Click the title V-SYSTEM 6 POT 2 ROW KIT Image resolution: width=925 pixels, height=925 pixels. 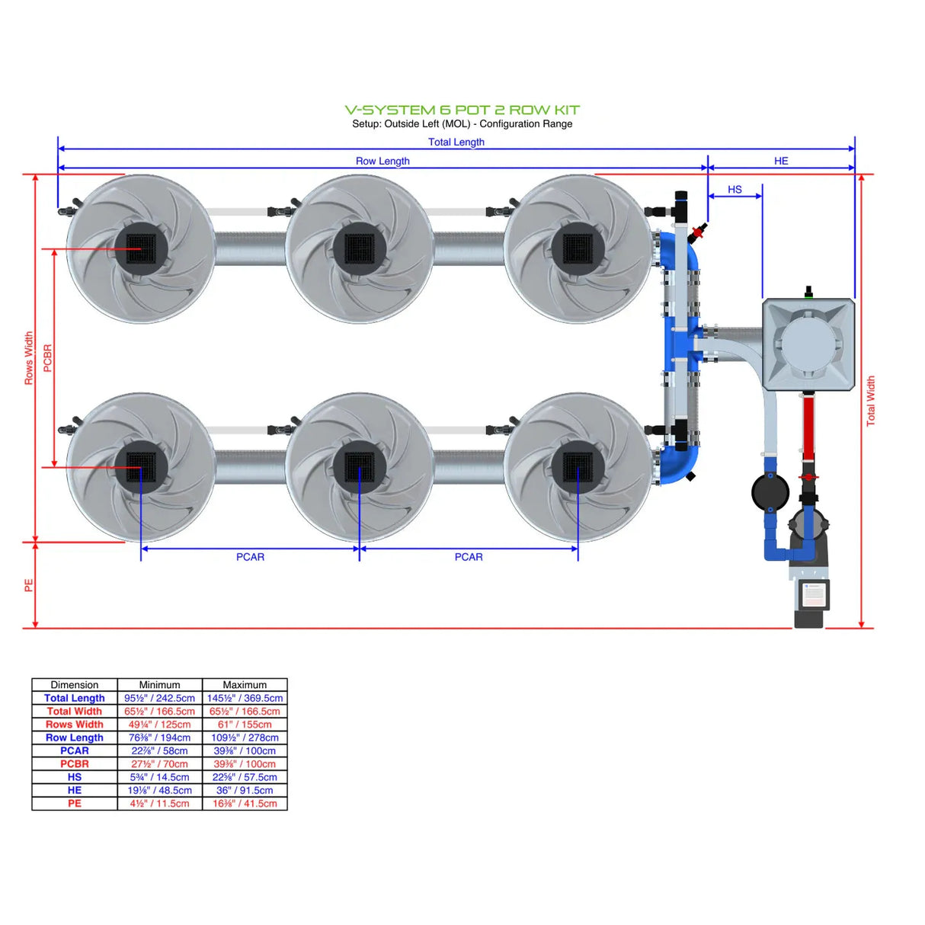[462, 110]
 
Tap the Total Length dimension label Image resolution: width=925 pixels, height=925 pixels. [456, 142]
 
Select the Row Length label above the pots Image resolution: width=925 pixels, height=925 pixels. [382, 161]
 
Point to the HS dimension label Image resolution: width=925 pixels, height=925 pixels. [735, 190]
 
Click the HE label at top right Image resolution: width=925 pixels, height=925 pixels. [781, 161]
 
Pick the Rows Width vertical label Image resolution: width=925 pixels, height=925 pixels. [29, 358]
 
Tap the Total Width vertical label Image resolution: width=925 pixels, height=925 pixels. [871, 401]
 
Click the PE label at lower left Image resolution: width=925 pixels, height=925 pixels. [29, 585]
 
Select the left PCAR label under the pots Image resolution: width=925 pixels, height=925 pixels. [250, 557]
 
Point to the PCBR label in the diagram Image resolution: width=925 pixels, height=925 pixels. [48, 358]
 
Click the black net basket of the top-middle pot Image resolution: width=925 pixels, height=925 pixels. [359, 248]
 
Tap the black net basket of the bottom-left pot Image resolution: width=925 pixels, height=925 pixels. [141, 466]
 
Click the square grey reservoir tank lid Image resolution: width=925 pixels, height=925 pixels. [808, 344]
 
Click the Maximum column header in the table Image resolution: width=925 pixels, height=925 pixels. [245, 685]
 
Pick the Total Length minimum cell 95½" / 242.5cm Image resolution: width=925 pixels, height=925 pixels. [160, 698]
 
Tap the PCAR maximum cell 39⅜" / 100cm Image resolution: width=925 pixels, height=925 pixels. [245, 751]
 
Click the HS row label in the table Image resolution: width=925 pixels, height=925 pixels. [75, 777]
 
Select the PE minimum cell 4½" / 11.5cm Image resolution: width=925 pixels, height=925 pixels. [160, 803]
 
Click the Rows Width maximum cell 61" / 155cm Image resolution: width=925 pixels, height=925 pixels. [245, 725]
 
